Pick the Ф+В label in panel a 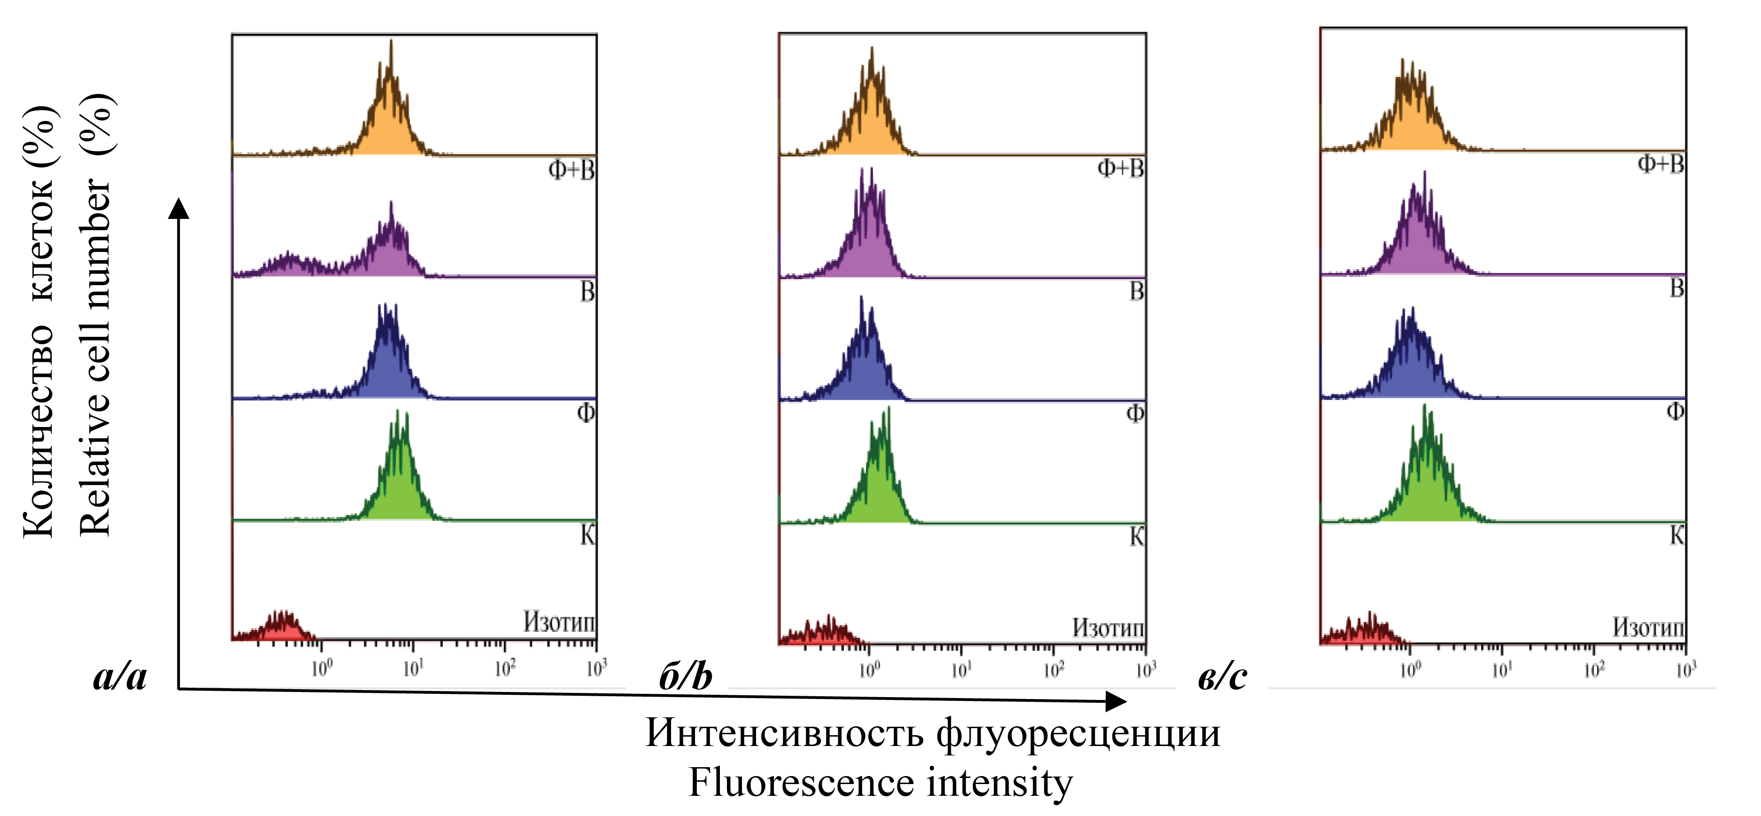tap(572, 169)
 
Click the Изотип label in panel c tap(1648, 627)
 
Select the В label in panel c tap(1677, 288)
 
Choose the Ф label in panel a tap(586, 412)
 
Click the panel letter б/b tap(686, 676)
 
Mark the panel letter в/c tap(1223, 676)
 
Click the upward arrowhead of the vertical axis tap(178, 208)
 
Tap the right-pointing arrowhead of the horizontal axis tap(1116, 700)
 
